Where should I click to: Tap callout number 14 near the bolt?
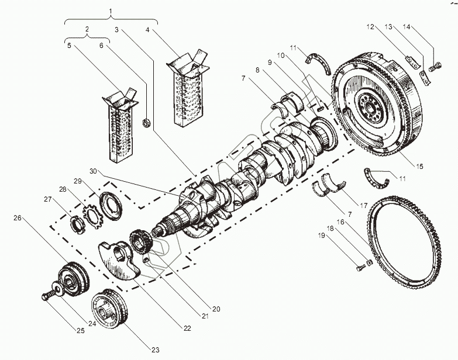point(407,27)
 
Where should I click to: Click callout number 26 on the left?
point(17,219)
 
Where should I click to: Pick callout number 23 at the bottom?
point(154,349)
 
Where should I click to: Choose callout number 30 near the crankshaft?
point(93,172)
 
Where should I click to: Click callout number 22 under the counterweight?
point(187,328)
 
